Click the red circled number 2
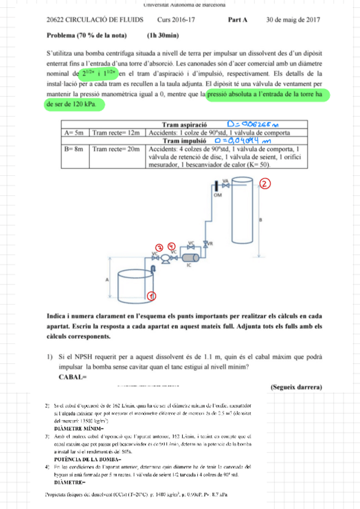[265, 184]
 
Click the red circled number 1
[153, 295]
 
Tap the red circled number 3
[159, 247]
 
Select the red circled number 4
[171, 247]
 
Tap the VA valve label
[225, 180]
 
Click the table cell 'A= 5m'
[75, 132]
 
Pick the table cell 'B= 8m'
[75, 148]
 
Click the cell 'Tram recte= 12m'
[117, 132]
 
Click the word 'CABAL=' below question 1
[73, 377]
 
